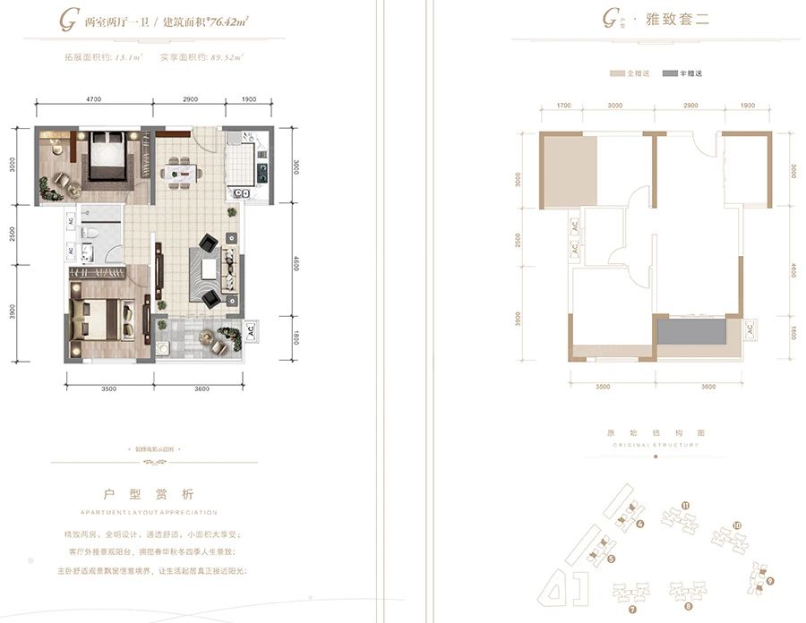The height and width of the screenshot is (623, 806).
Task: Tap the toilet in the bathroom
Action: click(93, 235)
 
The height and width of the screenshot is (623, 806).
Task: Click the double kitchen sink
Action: click(241, 192)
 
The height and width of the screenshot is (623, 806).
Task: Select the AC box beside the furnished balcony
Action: click(250, 329)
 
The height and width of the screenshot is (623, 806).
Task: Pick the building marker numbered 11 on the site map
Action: click(685, 506)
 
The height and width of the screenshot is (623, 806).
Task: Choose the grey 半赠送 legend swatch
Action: click(670, 74)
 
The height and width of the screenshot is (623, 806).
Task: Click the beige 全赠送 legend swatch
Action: click(616, 74)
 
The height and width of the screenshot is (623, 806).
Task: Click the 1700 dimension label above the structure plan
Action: click(563, 106)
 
